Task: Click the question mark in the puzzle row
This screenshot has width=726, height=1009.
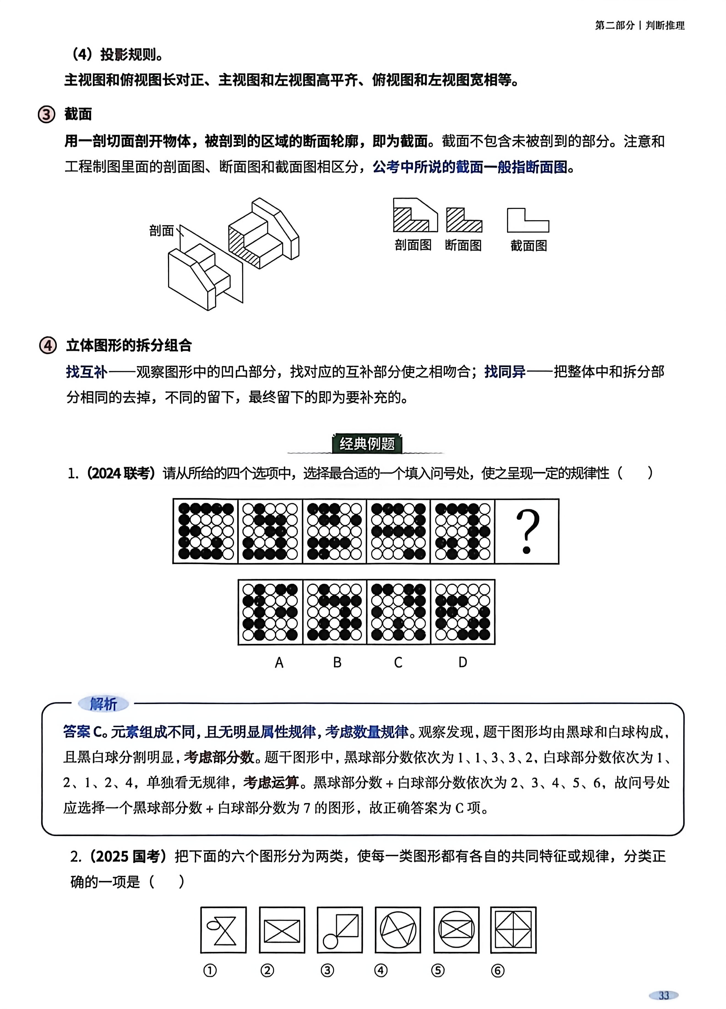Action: click(527, 532)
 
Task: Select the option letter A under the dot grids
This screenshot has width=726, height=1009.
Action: click(279, 662)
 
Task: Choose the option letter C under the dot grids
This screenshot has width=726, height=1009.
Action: click(398, 662)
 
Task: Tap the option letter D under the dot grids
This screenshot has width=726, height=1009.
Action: click(463, 662)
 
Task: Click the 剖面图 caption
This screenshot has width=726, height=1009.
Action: click(413, 245)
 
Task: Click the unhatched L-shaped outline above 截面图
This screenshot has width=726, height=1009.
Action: click(528, 221)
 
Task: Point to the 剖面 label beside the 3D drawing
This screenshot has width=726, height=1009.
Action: click(161, 231)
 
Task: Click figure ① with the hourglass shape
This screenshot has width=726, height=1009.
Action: click(224, 930)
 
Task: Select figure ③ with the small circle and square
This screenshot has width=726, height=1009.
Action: click(340, 930)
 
